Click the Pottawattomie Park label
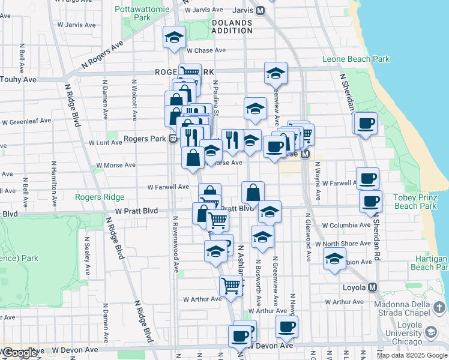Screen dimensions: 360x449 point(141,13)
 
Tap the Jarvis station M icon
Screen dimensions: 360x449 point(260,10)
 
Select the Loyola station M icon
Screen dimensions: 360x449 point(373,287)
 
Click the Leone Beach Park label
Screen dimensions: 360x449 point(356,59)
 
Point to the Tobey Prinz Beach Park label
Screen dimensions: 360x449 point(420,202)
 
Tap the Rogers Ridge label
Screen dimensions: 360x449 point(100,197)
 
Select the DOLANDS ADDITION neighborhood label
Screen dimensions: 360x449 point(232,27)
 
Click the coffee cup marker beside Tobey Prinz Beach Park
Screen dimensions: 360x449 point(370,201)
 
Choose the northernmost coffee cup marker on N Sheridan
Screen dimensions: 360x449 point(366,124)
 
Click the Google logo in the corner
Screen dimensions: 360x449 point(20,353)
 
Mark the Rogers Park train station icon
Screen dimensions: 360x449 point(172,139)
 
